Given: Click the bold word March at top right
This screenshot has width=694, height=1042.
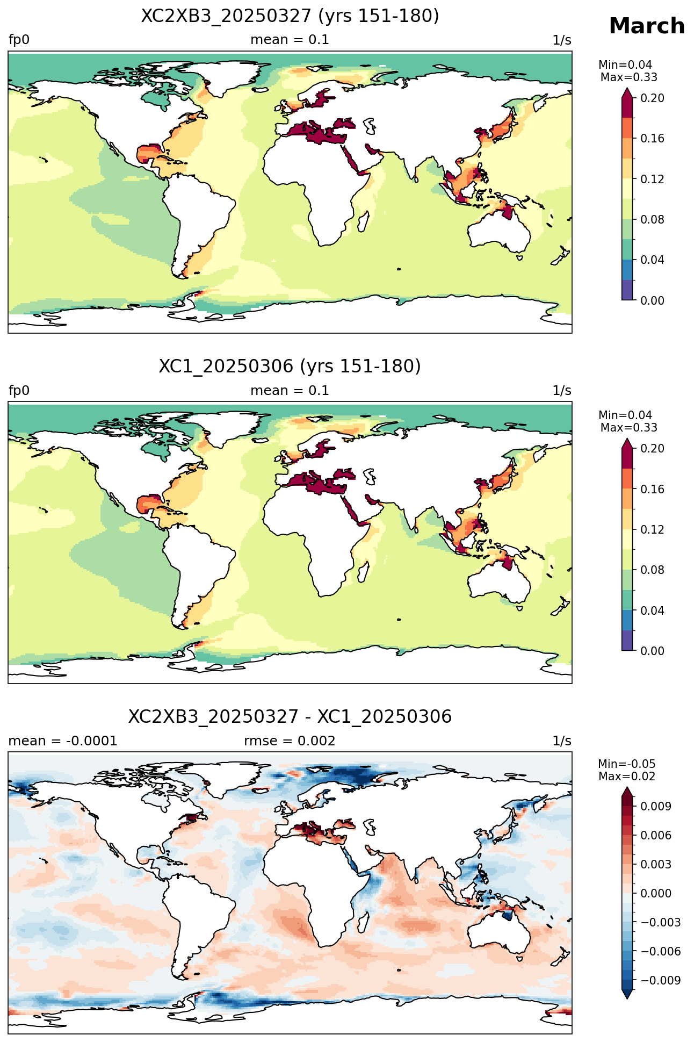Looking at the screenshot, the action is pos(647,26).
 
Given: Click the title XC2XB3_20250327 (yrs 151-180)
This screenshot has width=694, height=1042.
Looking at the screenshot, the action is pos(290,16).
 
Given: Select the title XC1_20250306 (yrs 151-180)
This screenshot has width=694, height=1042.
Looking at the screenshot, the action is pos(290,367).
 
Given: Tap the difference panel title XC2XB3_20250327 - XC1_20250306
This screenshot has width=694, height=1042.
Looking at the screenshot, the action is pos(290,717).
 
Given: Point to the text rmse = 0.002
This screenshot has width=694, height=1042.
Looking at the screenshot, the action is pos(290,741).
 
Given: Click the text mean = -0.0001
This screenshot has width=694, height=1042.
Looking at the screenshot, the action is pos(63,741).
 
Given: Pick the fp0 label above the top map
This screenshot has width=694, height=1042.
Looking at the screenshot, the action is pos(19,40).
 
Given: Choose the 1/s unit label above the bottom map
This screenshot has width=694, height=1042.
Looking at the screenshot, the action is pos(562,741).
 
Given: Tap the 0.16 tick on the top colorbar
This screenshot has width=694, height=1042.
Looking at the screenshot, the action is pos(652,139).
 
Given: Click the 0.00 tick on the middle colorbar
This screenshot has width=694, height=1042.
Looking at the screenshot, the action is pos(652,651).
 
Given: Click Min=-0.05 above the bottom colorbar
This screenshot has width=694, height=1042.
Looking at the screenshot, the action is pos(627,764).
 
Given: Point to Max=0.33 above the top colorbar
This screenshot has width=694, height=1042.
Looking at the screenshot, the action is pos(628,77).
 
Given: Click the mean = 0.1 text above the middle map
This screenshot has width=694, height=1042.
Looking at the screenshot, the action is pos(290,391).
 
